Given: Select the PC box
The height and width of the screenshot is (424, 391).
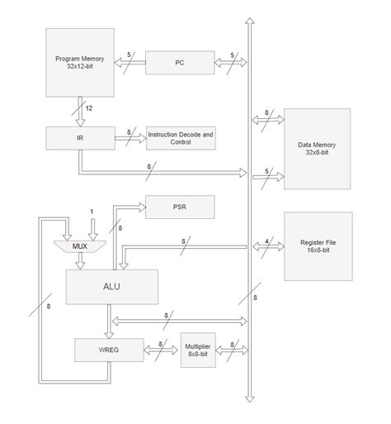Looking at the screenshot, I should (x=179, y=61).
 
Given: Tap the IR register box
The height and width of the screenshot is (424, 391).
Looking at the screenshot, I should (x=78, y=138).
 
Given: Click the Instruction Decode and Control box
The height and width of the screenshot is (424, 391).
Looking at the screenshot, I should (x=181, y=138).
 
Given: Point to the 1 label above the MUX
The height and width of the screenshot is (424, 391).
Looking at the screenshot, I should (x=92, y=213).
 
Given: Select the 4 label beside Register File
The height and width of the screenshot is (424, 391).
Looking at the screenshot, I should (x=266, y=242).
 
